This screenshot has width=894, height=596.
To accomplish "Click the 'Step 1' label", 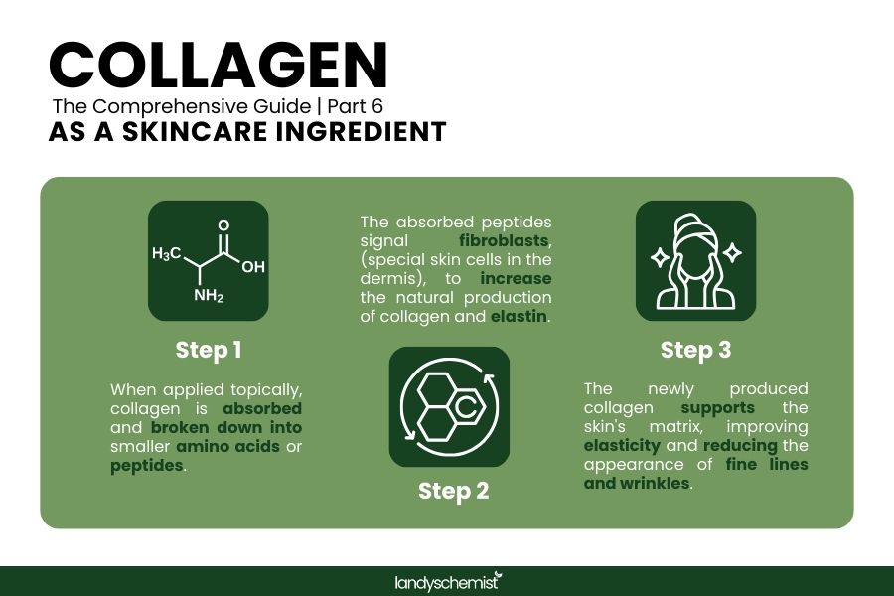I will (x=209, y=350).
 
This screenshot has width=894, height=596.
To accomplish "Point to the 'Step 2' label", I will (x=453, y=491).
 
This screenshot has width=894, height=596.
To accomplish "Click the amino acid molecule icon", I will (x=209, y=261).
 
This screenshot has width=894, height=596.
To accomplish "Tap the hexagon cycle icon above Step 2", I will (x=449, y=406).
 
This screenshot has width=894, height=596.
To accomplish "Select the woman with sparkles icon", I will (x=695, y=261).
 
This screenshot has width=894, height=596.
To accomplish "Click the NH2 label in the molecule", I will (x=208, y=296).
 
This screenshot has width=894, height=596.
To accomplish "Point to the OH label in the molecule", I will (x=252, y=267).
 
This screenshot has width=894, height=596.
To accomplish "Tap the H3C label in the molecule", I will (x=166, y=254).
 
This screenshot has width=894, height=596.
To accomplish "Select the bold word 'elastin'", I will (x=520, y=317).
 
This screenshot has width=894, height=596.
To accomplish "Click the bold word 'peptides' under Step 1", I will (x=147, y=466).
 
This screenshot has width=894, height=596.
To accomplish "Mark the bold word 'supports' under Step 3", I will (x=717, y=408).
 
